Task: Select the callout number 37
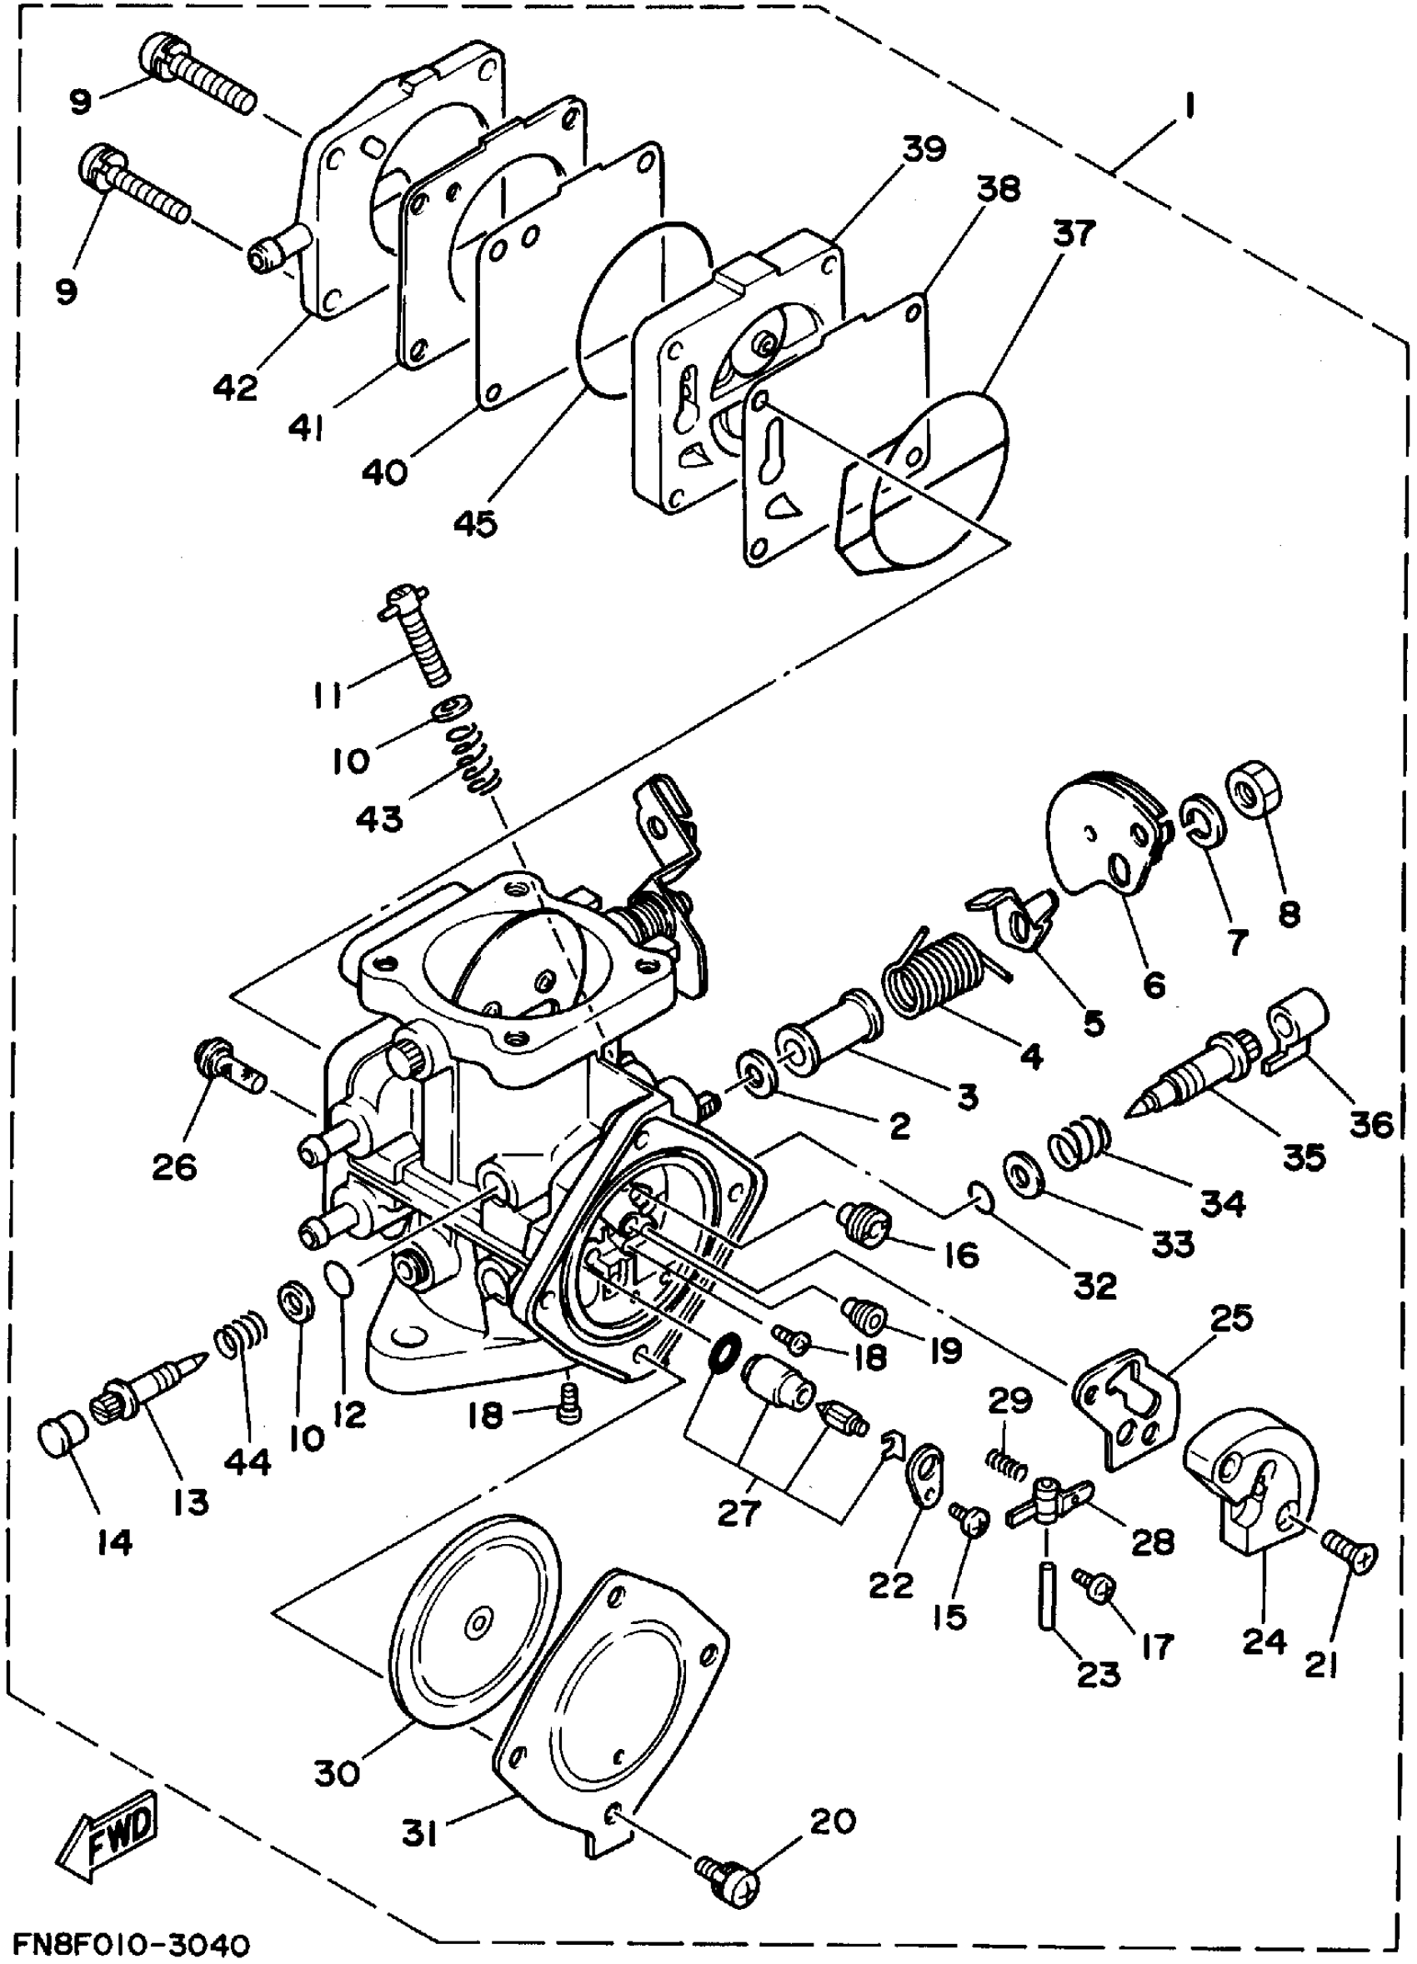pyautogui.click(x=1074, y=233)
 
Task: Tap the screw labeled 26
pyautogui.click(x=230, y=1068)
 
